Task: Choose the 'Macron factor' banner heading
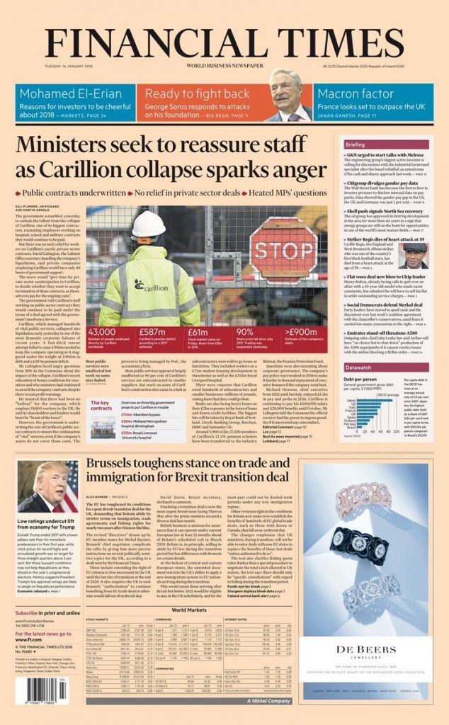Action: pyautogui.click(x=349, y=93)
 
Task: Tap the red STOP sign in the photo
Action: pyautogui.click(x=283, y=250)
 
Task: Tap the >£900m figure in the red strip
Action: pyautogui.click(x=300, y=332)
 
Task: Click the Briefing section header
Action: pyautogui.click(x=356, y=144)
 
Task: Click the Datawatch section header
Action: pyautogui.click(x=358, y=367)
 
